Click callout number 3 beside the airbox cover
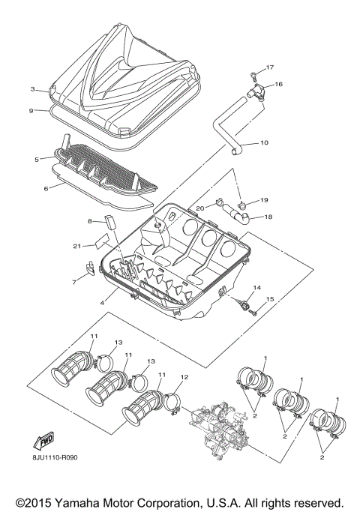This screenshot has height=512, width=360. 33,89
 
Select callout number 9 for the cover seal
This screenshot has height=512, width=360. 31,111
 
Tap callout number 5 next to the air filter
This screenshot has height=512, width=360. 36,160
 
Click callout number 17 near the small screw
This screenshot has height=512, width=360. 270,67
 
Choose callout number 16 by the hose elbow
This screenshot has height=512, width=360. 279,84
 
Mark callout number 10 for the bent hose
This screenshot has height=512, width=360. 263,142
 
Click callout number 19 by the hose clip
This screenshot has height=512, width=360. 264,200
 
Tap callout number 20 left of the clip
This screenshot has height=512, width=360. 200,208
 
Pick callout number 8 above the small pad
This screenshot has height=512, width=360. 89,221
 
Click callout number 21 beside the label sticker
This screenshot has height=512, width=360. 77,246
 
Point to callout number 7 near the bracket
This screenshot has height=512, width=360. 74,283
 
